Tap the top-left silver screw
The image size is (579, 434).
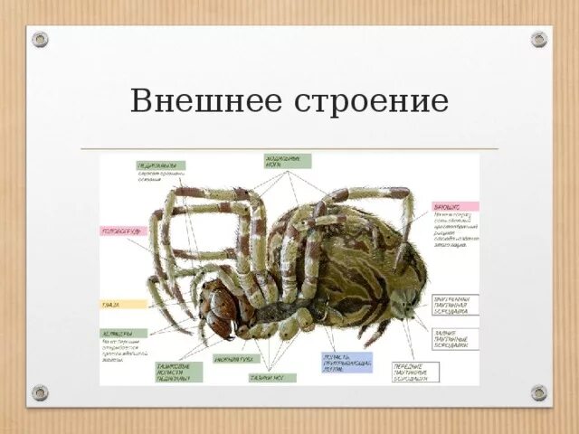[40, 39]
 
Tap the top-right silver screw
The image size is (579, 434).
[539, 39]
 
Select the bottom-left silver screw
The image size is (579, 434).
[40, 392]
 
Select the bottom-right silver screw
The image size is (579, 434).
[539, 392]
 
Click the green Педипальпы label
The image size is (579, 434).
[160, 166]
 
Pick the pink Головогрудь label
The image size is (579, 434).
[123, 231]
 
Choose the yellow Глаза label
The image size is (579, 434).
[122, 305]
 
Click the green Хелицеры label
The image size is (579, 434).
[123, 333]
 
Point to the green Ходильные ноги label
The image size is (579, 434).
[288, 161]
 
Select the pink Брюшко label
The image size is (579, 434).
[455, 206]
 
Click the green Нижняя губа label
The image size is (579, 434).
[237, 359]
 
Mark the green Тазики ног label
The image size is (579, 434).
[271, 378]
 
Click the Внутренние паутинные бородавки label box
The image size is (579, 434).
[455, 305]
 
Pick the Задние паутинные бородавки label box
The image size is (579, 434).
[455, 338]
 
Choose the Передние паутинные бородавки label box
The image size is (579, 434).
[415, 372]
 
